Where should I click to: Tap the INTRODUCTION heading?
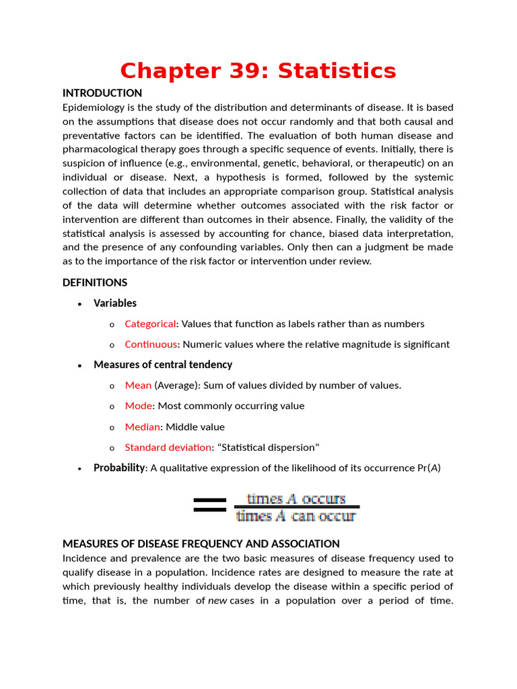pos(102,93)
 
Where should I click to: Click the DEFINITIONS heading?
pos(95,282)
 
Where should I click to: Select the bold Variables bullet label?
pos(115,303)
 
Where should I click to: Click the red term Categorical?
pos(150,324)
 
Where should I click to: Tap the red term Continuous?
pos(151,344)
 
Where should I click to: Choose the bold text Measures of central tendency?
pos(163,365)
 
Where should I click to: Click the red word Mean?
pos(138,386)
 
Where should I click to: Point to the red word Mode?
pos(139,406)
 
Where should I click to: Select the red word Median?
pos(142,427)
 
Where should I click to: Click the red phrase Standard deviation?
pos(168,447)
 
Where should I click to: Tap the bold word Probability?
pos(119,468)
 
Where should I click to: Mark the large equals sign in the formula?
pos(209,505)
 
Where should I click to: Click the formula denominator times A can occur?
pos(296,517)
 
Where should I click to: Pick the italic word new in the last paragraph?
pos(217,600)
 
